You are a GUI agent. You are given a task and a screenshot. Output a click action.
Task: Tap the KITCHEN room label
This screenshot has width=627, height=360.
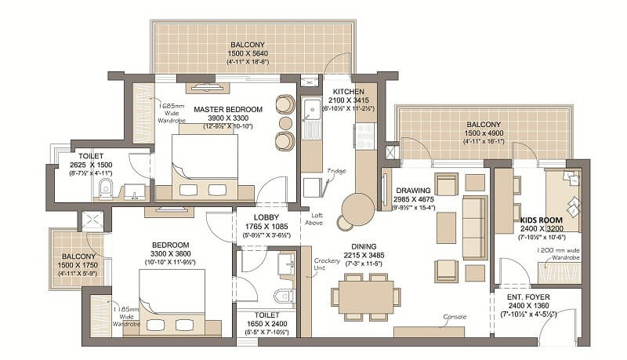pos(348,91)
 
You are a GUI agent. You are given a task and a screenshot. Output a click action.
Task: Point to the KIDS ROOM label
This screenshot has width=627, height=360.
pos(540,220)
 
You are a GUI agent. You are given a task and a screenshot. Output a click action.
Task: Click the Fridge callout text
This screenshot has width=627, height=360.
pos(338,171)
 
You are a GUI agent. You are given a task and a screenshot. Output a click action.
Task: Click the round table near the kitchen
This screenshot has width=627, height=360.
pos(358,209)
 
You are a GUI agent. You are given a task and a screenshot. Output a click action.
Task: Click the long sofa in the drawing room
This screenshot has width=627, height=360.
pos(474,227)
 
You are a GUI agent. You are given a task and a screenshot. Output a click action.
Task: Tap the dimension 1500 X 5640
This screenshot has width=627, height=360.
pos(248,54)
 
